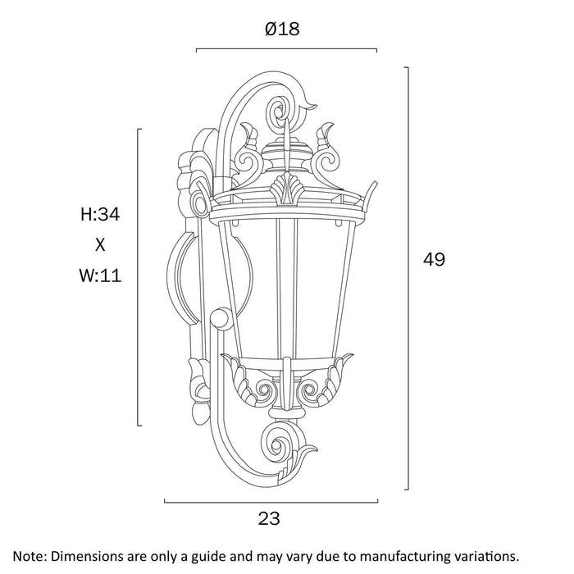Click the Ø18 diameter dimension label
pos(282,30)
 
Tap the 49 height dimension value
pos(433,260)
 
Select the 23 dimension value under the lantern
pos(269,518)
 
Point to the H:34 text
pos(100,216)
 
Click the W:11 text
pos(101,276)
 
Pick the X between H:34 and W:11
pos(101,245)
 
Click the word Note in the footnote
pos(30,556)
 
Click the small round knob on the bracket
pos(221,317)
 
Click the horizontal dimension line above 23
pos(271,500)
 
